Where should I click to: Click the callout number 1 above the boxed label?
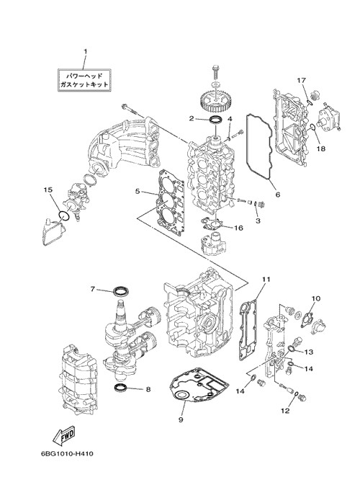[85, 51]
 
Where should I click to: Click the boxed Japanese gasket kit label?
[85, 80]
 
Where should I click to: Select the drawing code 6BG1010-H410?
[67, 454]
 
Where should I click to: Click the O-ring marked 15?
[64, 215]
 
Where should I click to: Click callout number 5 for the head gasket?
[137, 191]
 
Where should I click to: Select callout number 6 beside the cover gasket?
[278, 194]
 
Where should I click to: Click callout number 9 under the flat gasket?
[181, 419]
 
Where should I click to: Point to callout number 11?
[266, 279]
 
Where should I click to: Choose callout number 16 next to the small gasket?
[239, 228]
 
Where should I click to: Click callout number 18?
[321, 148]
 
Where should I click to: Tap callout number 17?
[302, 80]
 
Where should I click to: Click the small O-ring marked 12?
[296, 394]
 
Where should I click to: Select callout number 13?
[309, 352]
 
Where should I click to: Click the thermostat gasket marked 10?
[307, 319]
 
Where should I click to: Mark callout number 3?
[258, 221]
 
